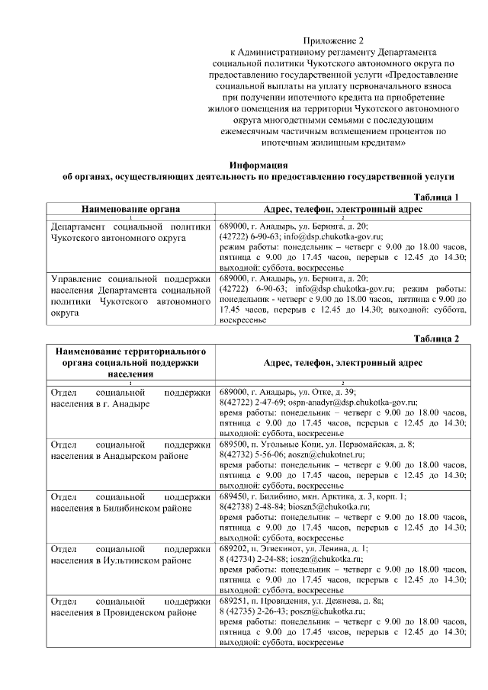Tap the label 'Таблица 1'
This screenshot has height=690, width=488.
(436, 197)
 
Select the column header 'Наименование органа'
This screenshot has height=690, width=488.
(130, 208)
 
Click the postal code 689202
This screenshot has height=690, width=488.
(233, 547)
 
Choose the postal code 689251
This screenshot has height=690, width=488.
(233, 600)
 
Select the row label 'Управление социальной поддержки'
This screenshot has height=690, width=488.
(130, 279)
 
